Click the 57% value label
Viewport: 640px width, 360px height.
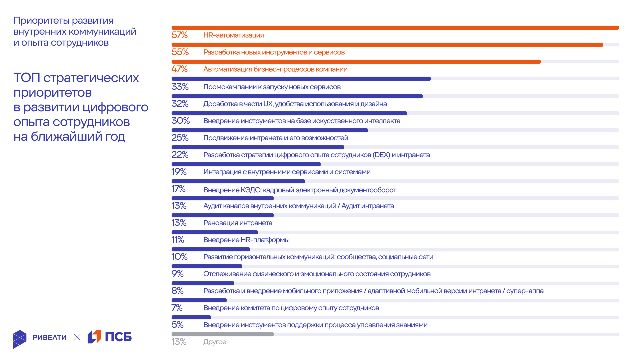[179, 35]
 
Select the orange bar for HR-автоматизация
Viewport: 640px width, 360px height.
[395, 28]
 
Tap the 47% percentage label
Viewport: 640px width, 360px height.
[179, 69]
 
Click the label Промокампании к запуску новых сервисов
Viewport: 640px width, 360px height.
[272, 87]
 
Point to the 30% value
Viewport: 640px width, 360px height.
[180, 121]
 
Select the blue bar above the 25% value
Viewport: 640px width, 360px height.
[269, 130]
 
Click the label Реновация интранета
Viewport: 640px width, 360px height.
[238, 223]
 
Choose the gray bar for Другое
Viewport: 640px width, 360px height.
[222, 334]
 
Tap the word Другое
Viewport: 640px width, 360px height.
[215, 342]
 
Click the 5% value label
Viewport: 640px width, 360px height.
[177, 325]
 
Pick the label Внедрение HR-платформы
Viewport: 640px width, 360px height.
[246, 240]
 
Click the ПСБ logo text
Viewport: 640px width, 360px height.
[118, 337]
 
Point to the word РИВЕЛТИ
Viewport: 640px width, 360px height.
[50, 337]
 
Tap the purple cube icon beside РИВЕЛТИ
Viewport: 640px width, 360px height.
[20, 339]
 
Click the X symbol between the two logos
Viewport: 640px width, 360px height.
[77, 337]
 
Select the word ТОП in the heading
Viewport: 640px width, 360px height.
[27, 78]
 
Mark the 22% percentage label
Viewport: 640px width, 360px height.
[180, 155]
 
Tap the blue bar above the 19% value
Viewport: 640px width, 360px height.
[246, 164]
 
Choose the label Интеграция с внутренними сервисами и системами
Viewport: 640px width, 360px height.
[287, 172]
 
